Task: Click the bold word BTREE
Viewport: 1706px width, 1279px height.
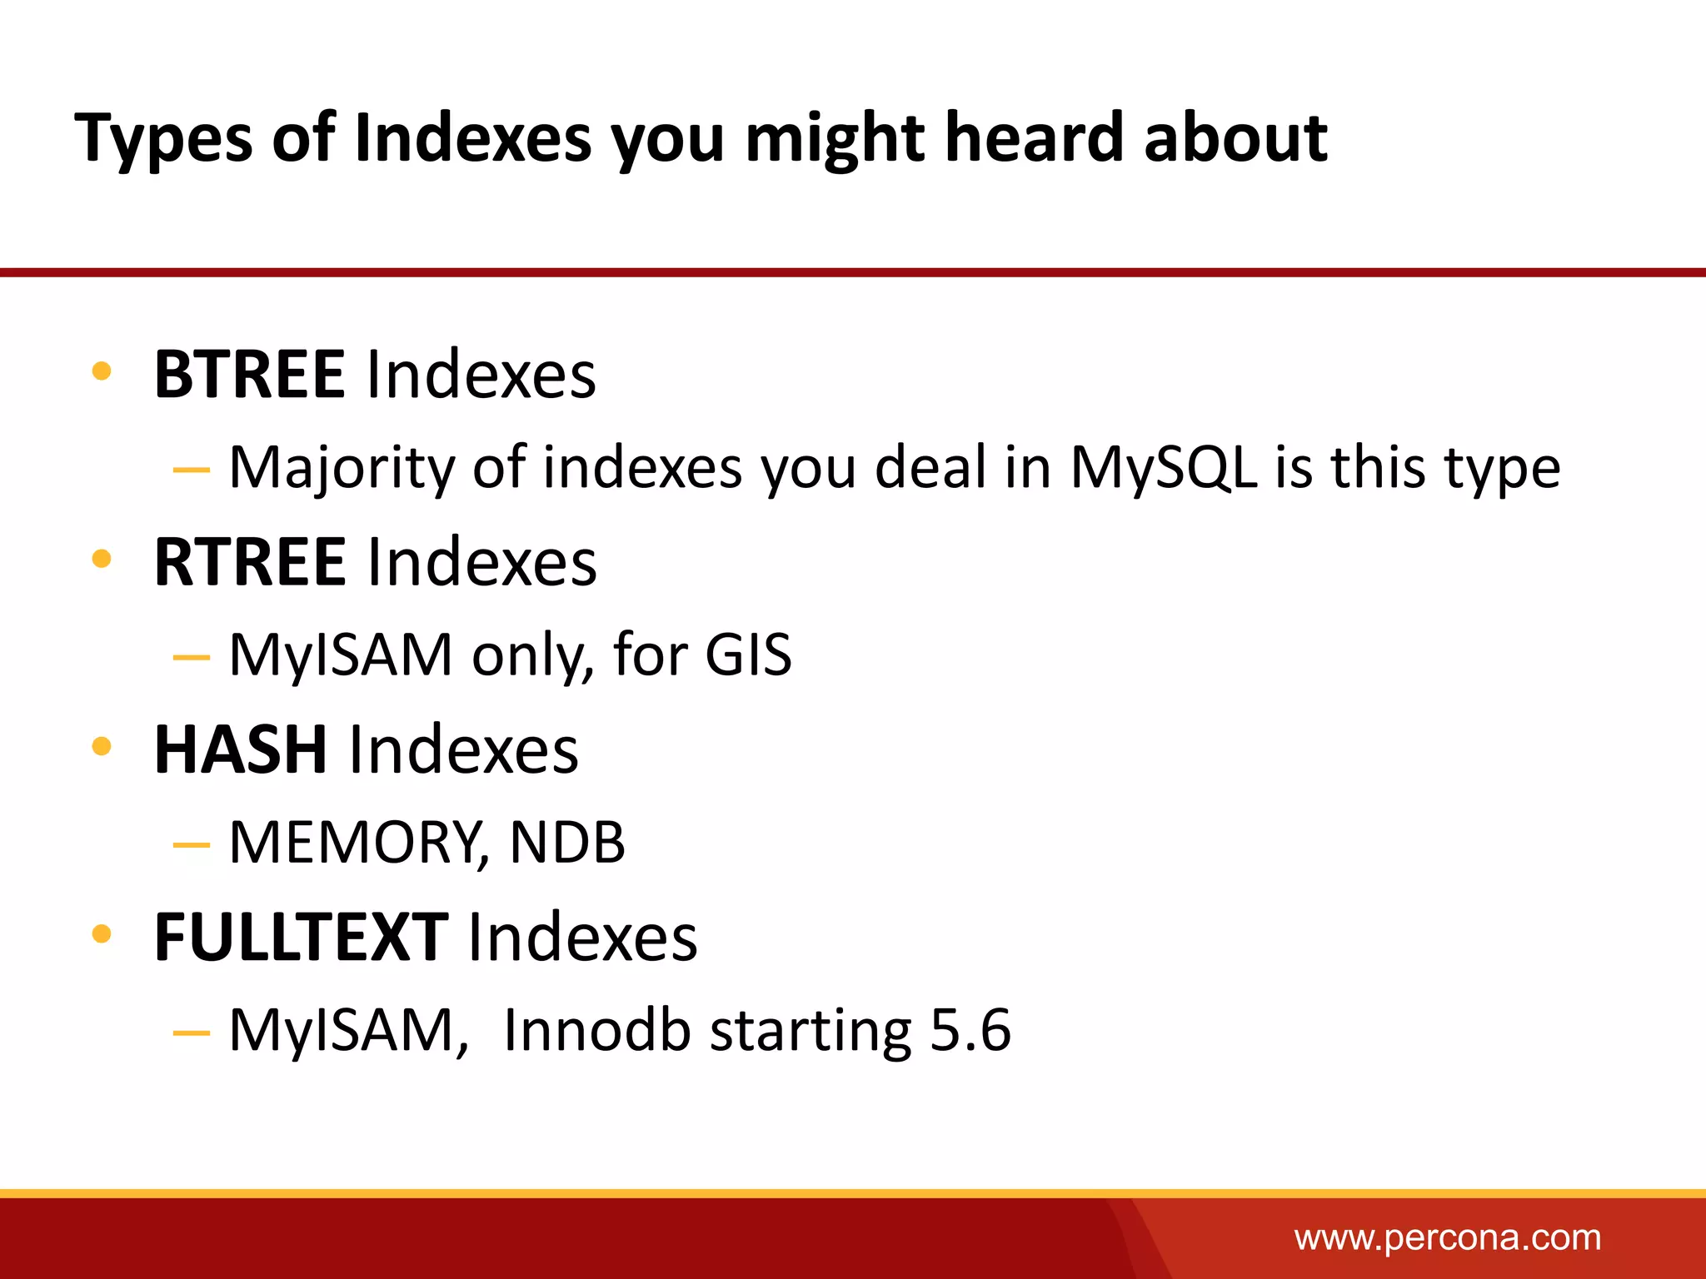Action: [x=249, y=375]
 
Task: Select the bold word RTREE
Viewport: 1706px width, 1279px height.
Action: [x=249, y=562]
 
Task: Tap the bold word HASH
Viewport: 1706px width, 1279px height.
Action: [x=241, y=749]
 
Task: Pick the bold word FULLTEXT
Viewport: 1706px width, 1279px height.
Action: [x=302, y=938]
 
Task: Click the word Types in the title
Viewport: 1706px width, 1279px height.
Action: [x=163, y=138]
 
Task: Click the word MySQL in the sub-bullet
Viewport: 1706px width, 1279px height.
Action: [x=1163, y=467]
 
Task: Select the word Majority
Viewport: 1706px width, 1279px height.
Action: [x=342, y=469]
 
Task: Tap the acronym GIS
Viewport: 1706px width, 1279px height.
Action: [x=748, y=654]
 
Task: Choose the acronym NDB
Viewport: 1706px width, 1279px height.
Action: [x=566, y=842]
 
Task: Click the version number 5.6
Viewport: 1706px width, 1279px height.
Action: [x=970, y=1030]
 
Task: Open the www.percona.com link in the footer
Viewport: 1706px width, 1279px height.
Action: [x=1447, y=1238]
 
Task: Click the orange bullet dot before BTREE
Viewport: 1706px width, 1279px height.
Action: [x=102, y=371]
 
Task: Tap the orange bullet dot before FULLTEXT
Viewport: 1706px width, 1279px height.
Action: [x=102, y=933]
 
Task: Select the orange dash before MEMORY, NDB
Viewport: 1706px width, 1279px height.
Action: [x=191, y=845]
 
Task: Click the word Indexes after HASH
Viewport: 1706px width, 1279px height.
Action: [x=463, y=749]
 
